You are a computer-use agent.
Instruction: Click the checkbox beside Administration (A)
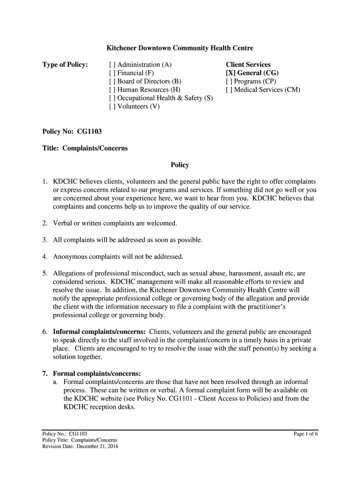(x=112, y=65)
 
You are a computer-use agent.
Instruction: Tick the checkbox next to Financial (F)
(x=112, y=73)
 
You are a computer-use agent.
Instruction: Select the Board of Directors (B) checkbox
(x=112, y=81)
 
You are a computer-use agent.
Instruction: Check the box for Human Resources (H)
(x=112, y=90)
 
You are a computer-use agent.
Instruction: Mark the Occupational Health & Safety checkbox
(x=112, y=98)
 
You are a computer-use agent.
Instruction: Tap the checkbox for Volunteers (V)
(x=112, y=107)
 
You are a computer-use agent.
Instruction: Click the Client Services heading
(x=248, y=65)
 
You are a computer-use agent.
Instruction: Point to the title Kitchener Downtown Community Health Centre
(x=180, y=48)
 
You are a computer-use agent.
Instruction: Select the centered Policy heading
(x=180, y=165)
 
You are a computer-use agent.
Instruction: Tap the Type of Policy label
(x=65, y=65)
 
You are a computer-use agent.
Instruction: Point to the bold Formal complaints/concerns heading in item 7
(x=97, y=373)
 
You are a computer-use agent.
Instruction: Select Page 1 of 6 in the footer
(x=305, y=434)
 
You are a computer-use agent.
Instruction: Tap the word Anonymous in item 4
(x=71, y=256)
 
